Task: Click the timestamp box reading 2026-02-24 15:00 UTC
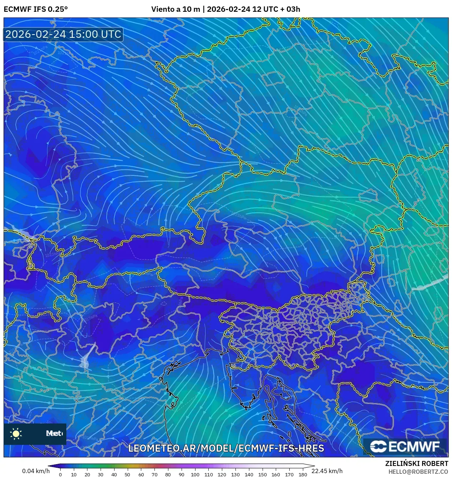point(64,34)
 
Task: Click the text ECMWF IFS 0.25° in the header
point(36,9)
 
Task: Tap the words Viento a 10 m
point(176,9)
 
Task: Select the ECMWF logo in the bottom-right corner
point(405,446)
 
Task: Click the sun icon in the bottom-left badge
point(16,433)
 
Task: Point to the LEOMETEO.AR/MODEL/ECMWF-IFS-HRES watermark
point(226,448)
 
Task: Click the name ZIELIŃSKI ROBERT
point(417,463)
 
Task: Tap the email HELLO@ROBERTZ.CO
point(418,472)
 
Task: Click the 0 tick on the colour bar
point(60,475)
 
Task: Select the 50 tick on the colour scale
point(128,475)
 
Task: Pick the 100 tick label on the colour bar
point(195,475)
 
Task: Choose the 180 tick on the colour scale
point(303,475)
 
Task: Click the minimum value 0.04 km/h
point(36,471)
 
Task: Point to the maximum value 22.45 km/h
point(327,471)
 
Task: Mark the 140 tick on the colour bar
point(249,475)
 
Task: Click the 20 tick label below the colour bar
point(87,475)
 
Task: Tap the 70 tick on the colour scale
point(154,475)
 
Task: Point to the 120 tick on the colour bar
point(222,475)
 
